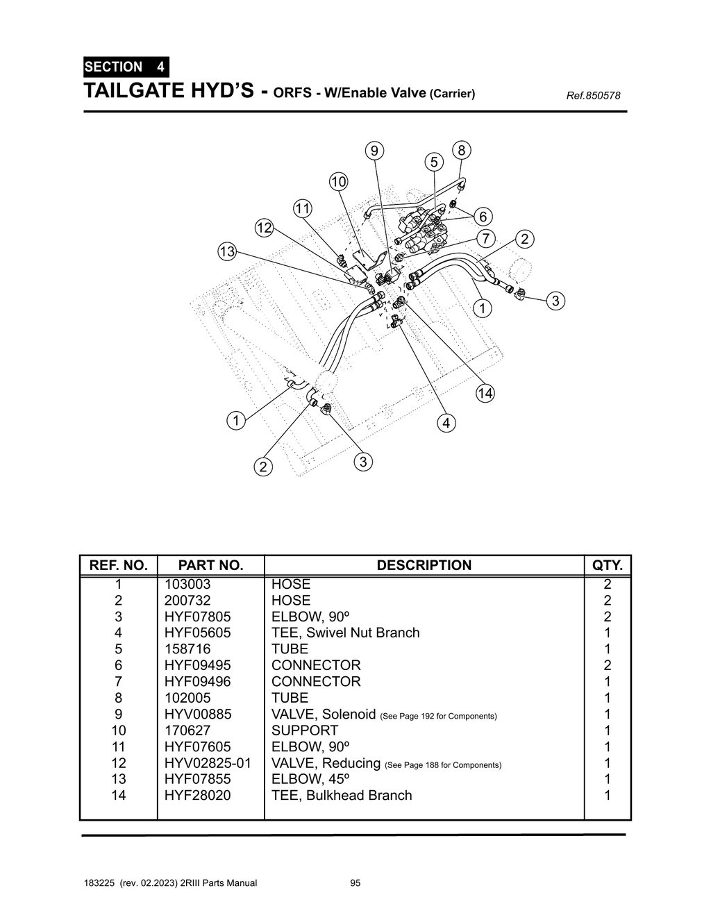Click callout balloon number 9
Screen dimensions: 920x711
coord(374,151)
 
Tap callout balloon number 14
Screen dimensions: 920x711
coord(485,394)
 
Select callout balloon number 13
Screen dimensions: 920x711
coord(227,251)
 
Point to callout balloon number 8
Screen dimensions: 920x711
coord(461,150)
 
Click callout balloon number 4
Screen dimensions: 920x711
coord(446,423)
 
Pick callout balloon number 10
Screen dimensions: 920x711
coord(338,182)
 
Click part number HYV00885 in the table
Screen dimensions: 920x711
coord(197,714)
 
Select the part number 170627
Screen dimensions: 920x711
coord(187,730)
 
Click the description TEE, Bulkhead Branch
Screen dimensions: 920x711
coord(341,795)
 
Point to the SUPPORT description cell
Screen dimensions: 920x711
coord(304,730)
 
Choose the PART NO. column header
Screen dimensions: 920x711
coord(210,565)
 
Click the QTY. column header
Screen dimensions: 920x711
coord(607,565)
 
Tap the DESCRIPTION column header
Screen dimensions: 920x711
coord(424,565)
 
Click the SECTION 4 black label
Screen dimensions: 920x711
coord(124,67)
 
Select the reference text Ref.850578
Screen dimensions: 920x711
coord(593,96)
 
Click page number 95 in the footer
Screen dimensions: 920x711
coord(355,883)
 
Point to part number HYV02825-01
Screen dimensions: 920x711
coord(207,763)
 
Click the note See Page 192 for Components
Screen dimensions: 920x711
coord(439,716)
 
